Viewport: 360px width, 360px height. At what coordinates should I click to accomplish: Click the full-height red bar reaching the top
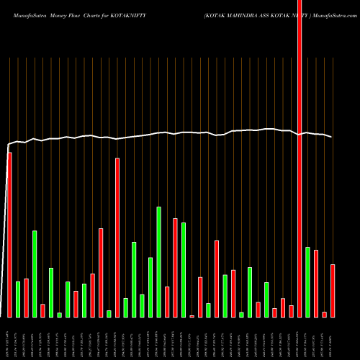[x=300, y=158]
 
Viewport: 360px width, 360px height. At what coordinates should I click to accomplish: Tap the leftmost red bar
[x=9, y=234]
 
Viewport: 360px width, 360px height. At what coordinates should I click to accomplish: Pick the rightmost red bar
[x=333, y=290]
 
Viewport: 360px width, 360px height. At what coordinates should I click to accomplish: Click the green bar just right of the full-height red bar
[x=308, y=282]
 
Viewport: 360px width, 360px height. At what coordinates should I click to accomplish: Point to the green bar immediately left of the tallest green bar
[x=150, y=287]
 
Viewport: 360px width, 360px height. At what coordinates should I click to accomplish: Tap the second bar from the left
[x=18, y=299]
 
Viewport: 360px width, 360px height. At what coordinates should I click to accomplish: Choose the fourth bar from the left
[x=35, y=274]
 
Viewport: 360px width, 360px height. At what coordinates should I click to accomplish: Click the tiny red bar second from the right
[x=325, y=314]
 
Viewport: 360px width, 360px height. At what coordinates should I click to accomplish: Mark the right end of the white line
[x=332, y=137]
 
